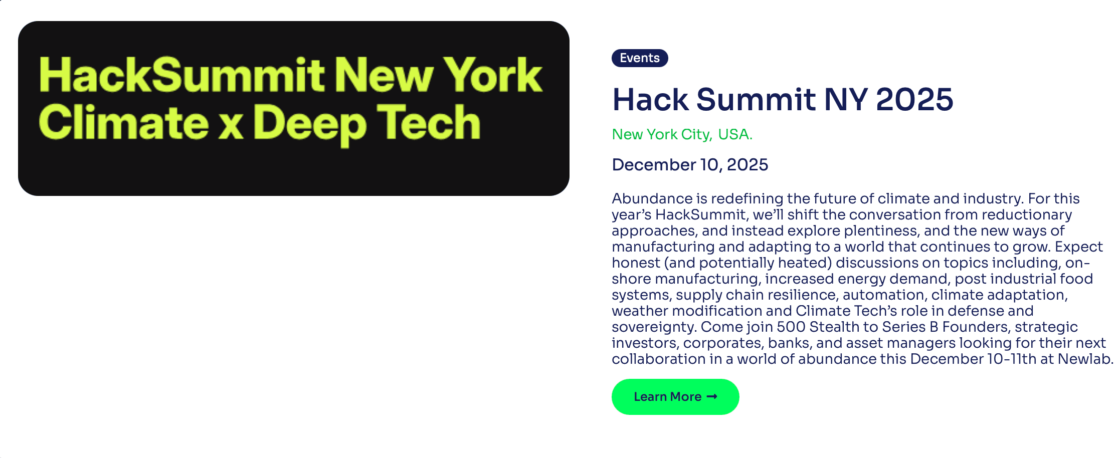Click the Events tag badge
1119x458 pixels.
pyautogui.click(x=639, y=58)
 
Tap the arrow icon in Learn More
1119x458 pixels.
pyautogui.click(x=712, y=396)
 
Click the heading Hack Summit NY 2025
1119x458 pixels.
pyautogui.click(x=782, y=99)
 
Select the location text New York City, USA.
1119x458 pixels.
pyautogui.click(x=682, y=134)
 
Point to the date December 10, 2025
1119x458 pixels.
pyautogui.click(x=690, y=164)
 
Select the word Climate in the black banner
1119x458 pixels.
pyautogui.click(x=123, y=123)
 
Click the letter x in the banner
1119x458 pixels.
pyautogui.click(x=231, y=125)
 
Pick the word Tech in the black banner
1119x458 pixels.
pyautogui.click(x=429, y=123)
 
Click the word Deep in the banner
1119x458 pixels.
pyautogui.click(x=309, y=124)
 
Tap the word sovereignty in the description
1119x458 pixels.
pyautogui.click(x=653, y=327)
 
